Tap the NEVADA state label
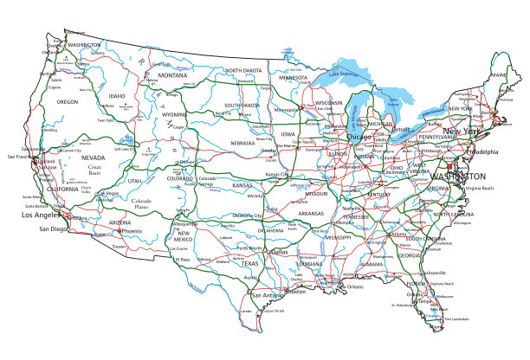click(x=93, y=158)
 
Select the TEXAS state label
click(x=249, y=263)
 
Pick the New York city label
click(x=483, y=132)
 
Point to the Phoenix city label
click(x=130, y=231)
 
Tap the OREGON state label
click(x=68, y=101)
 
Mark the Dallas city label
click(x=279, y=252)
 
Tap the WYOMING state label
click(x=174, y=113)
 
